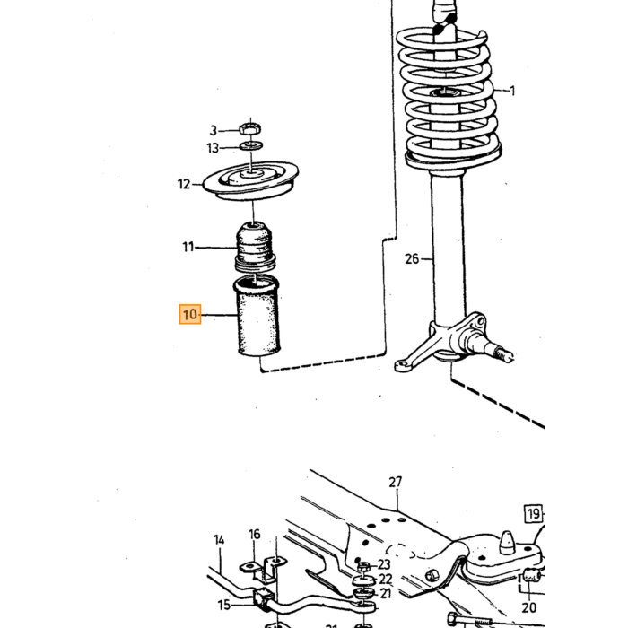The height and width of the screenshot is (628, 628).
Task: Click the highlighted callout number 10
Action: [x=190, y=314]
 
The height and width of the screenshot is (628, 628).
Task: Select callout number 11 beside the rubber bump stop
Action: [x=188, y=247]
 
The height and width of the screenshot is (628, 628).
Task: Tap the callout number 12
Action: [x=184, y=184]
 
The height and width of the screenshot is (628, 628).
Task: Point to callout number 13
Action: [x=213, y=148]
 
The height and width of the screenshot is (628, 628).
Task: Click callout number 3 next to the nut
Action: [x=214, y=131]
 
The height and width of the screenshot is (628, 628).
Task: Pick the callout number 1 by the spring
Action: [x=512, y=91]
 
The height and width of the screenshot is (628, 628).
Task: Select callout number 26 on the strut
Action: [x=412, y=258]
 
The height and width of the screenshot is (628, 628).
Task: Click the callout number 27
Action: [x=396, y=482]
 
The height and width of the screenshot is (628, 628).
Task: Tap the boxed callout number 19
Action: [x=534, y=513]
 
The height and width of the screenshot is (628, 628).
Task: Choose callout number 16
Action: [x=254, y=534]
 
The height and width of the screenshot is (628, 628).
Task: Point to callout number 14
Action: [x=219, y=540]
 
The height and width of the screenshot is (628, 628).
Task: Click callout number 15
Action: [x=224, y=605]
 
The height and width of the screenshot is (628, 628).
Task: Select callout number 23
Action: [x=384, y=564]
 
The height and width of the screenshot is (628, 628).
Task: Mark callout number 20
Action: [x=528, y=607]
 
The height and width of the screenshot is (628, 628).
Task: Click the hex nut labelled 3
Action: [x=250, y=129]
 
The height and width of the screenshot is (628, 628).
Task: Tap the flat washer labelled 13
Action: [x=251, y=145]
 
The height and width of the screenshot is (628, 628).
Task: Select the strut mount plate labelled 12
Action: [x=251, y=181]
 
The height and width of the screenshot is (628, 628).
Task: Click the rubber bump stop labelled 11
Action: [x=255, y=246]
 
